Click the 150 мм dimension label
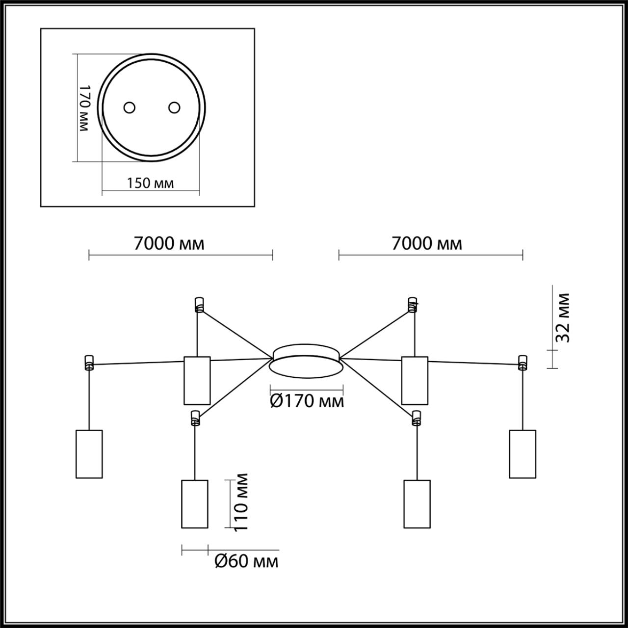pyautogui.click(x=150, y=183)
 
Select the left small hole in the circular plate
pyautogui.click(x=130, y=107)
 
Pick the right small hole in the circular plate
pyautogui.click(x=174, y=107)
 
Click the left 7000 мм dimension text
pyautogui.click(x=169, y=243)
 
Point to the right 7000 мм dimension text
pyautogui.click(x=427, y=243)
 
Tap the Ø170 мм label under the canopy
pyautogui.click(x=307, y=401)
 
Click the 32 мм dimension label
pyautogui.click(x=563, y=318)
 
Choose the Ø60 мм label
pyautogui.click(x=247, y=561)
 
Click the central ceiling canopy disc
pyautogui.click(x=306, y=361)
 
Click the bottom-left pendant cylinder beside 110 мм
pyautogui.click(x=195, y=504)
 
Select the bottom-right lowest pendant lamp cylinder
pyautogui.click(x=417, y=504)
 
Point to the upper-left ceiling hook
pyautogui.click(x=199, y=304)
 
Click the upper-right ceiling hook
pyautogui.click(x=413, y=304)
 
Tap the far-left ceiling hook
pyautogui.click(x=89, y=362)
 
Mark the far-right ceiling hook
pyautogui.click(x=523, y=362)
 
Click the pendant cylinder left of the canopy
pyautogui.click(x=197, y=380)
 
